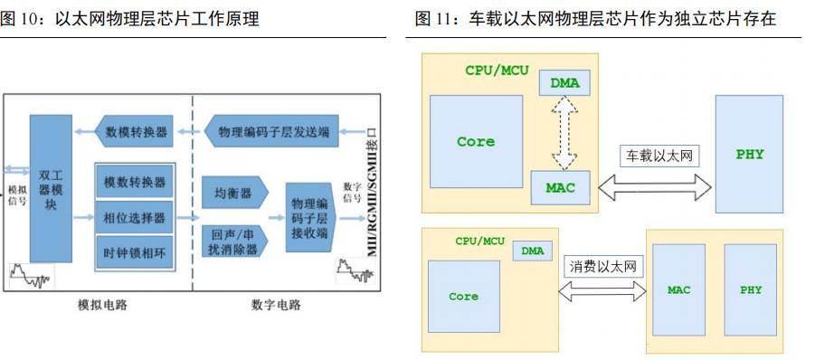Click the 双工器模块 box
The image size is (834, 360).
point(50,187)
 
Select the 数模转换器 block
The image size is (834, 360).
point(136,132)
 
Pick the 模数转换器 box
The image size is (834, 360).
point(135,183)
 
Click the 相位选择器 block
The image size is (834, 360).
point(135,217)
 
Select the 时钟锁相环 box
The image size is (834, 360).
point(135,250)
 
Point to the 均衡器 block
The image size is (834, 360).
point(233,192)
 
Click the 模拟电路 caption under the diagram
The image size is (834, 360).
point(102,305)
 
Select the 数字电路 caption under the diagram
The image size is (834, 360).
point(276,305)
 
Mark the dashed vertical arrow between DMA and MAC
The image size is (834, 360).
point(565,133)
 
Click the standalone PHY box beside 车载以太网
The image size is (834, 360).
point(749,154)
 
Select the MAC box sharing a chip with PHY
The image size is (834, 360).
point(678,290)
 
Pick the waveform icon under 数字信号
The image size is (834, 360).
point(349,269)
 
